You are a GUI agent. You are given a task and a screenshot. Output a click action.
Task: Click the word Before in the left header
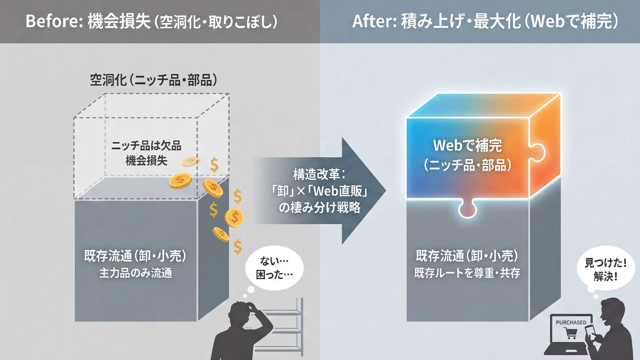tap(51, 21)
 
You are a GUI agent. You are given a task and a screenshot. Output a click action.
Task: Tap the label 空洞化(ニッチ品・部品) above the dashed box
tap(154, 80)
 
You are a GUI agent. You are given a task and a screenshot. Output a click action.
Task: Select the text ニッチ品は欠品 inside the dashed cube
tap(146, 146)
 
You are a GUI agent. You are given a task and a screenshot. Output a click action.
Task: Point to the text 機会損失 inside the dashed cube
tap(146, 161)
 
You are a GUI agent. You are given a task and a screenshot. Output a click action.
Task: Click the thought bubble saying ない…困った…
tap(274, 268)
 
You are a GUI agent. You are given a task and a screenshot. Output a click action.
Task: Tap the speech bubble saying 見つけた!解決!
tap(605, 269)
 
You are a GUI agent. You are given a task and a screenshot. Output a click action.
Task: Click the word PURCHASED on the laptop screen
tap(571, 322)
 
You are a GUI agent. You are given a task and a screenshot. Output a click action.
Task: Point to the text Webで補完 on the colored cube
tap(467, 145)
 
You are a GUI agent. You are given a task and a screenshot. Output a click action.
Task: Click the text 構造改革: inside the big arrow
tap(319, 174)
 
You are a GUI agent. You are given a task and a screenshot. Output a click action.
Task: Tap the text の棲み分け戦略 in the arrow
tap(319, 208)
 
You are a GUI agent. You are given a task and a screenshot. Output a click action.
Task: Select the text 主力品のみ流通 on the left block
tap(136, 273)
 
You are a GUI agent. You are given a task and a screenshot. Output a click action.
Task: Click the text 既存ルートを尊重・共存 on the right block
tap(467, 273)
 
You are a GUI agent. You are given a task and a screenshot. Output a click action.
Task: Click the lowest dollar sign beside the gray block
tap(237, 247)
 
